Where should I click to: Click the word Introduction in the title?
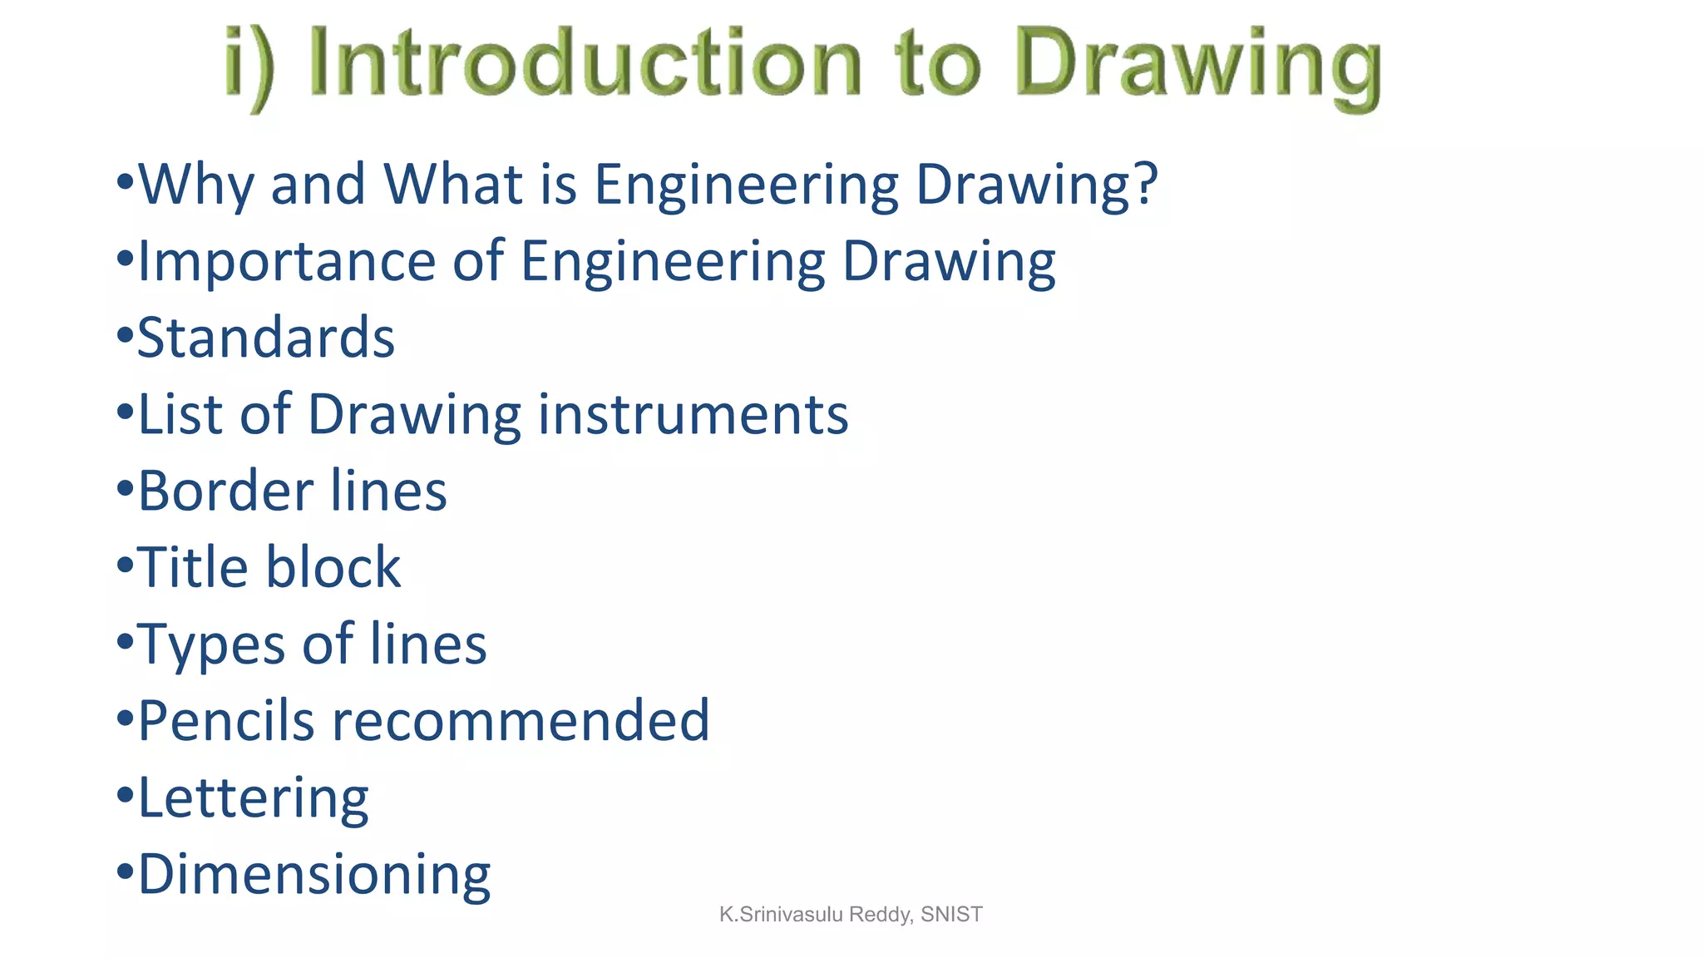point(585,63)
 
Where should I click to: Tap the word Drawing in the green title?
point(1198,67)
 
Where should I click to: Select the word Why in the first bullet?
point(196,185)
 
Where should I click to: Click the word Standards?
point(266,338)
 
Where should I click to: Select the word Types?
point(211,645)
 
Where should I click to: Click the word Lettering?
point(253,798)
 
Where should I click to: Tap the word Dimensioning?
point(314,875)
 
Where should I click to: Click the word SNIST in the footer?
point(951,915)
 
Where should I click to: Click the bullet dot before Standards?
point(125,336)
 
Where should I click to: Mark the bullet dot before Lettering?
point(125,795)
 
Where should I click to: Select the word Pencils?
point(226,720)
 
